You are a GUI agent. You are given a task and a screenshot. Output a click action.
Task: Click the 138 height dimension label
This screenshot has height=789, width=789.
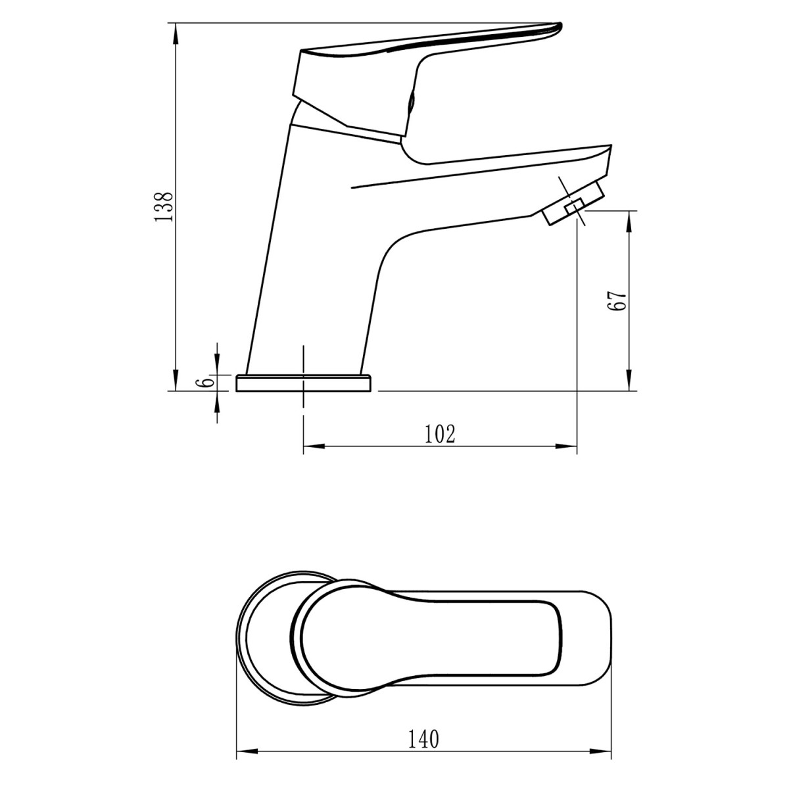coord(164,206)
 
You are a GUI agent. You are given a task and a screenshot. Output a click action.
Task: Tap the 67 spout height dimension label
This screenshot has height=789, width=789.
coord(617,301)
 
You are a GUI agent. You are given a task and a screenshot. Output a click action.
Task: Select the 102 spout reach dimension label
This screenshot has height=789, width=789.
coord(440,434)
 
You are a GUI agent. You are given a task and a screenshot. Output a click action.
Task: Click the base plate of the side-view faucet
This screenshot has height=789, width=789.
coord(304,383)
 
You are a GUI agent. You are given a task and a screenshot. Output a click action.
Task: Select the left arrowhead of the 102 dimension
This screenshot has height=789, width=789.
coord(314,446)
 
